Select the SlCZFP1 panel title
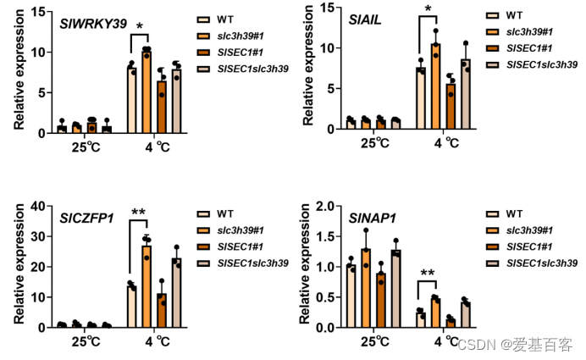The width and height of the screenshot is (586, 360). (86, 218)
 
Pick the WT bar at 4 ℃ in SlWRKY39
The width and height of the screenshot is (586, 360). (131, 100)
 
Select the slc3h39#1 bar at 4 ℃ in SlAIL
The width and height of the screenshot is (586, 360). (436, 86)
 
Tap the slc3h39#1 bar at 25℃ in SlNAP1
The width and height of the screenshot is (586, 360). (366, 288)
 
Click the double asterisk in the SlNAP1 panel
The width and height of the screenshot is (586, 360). (427, 272)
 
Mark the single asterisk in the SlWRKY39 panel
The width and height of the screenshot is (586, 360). (139, 28)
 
